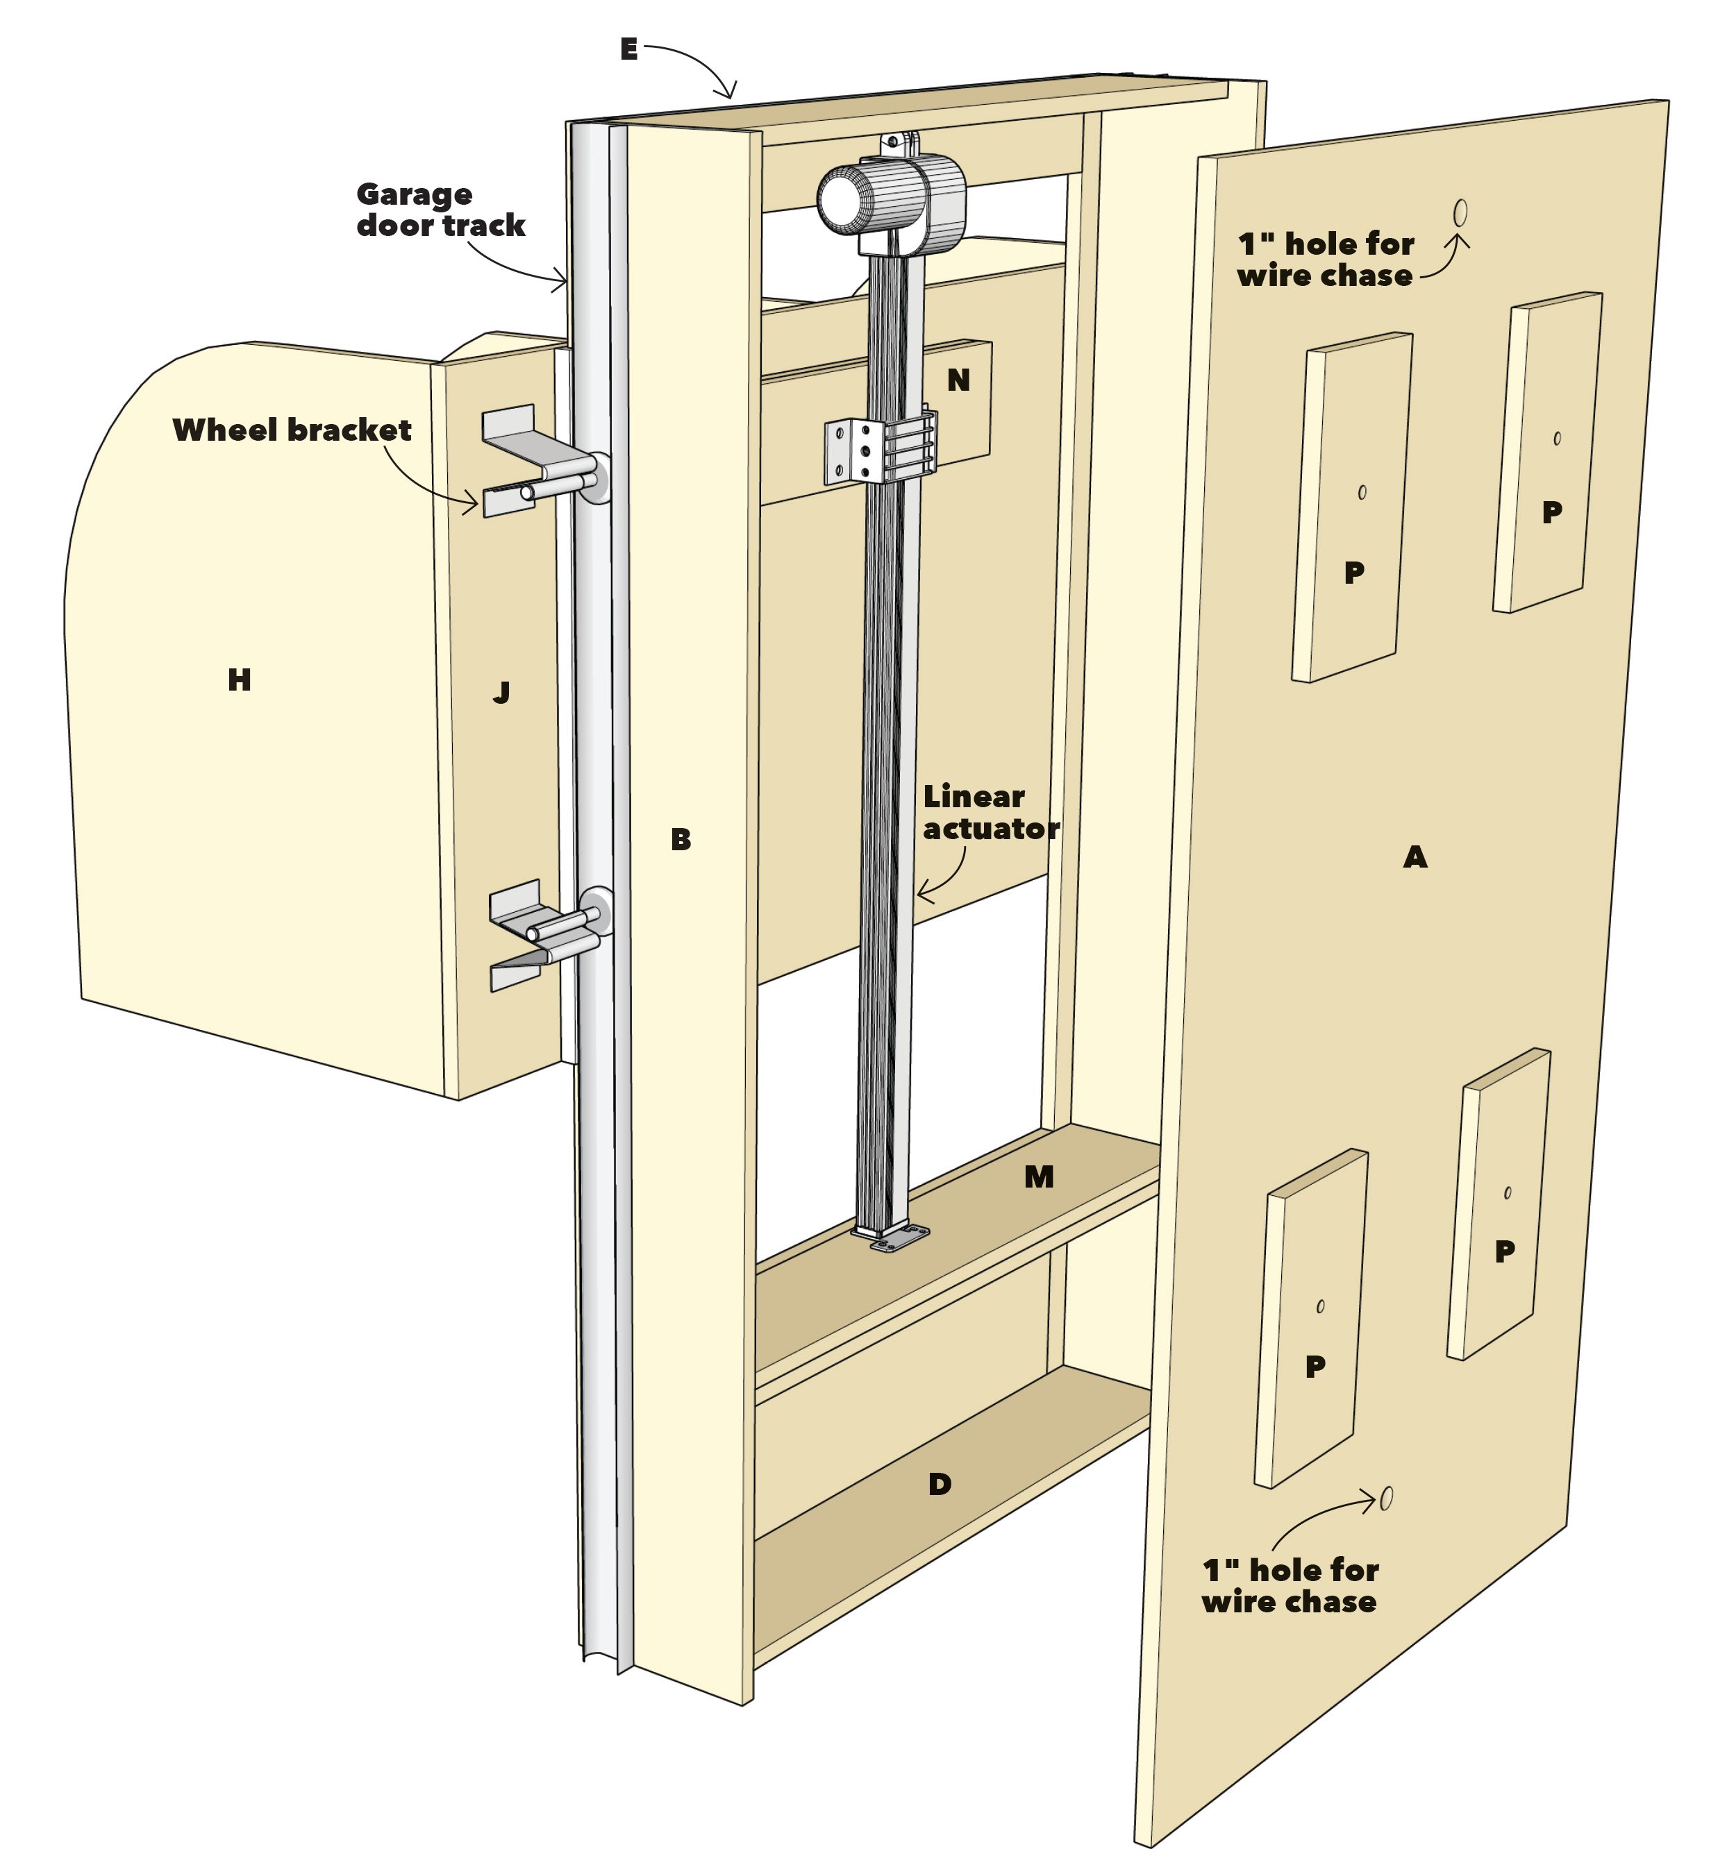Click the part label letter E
click(x=629, y=49)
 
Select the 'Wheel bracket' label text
click(x=292, y=430)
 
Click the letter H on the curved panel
click(x=240, y=680)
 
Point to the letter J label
click(x=501, y=692)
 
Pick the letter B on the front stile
click(x=681, y=840)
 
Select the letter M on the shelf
click(x=1038, y=1178)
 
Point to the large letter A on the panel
click(x=1415, y=856)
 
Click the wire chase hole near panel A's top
click(x=1460, y=213)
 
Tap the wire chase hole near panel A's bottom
click(x=1386, y=1499)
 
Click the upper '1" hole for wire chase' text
click(x=1325, y=260)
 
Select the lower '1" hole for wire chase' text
click(x=1290, y=1586)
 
